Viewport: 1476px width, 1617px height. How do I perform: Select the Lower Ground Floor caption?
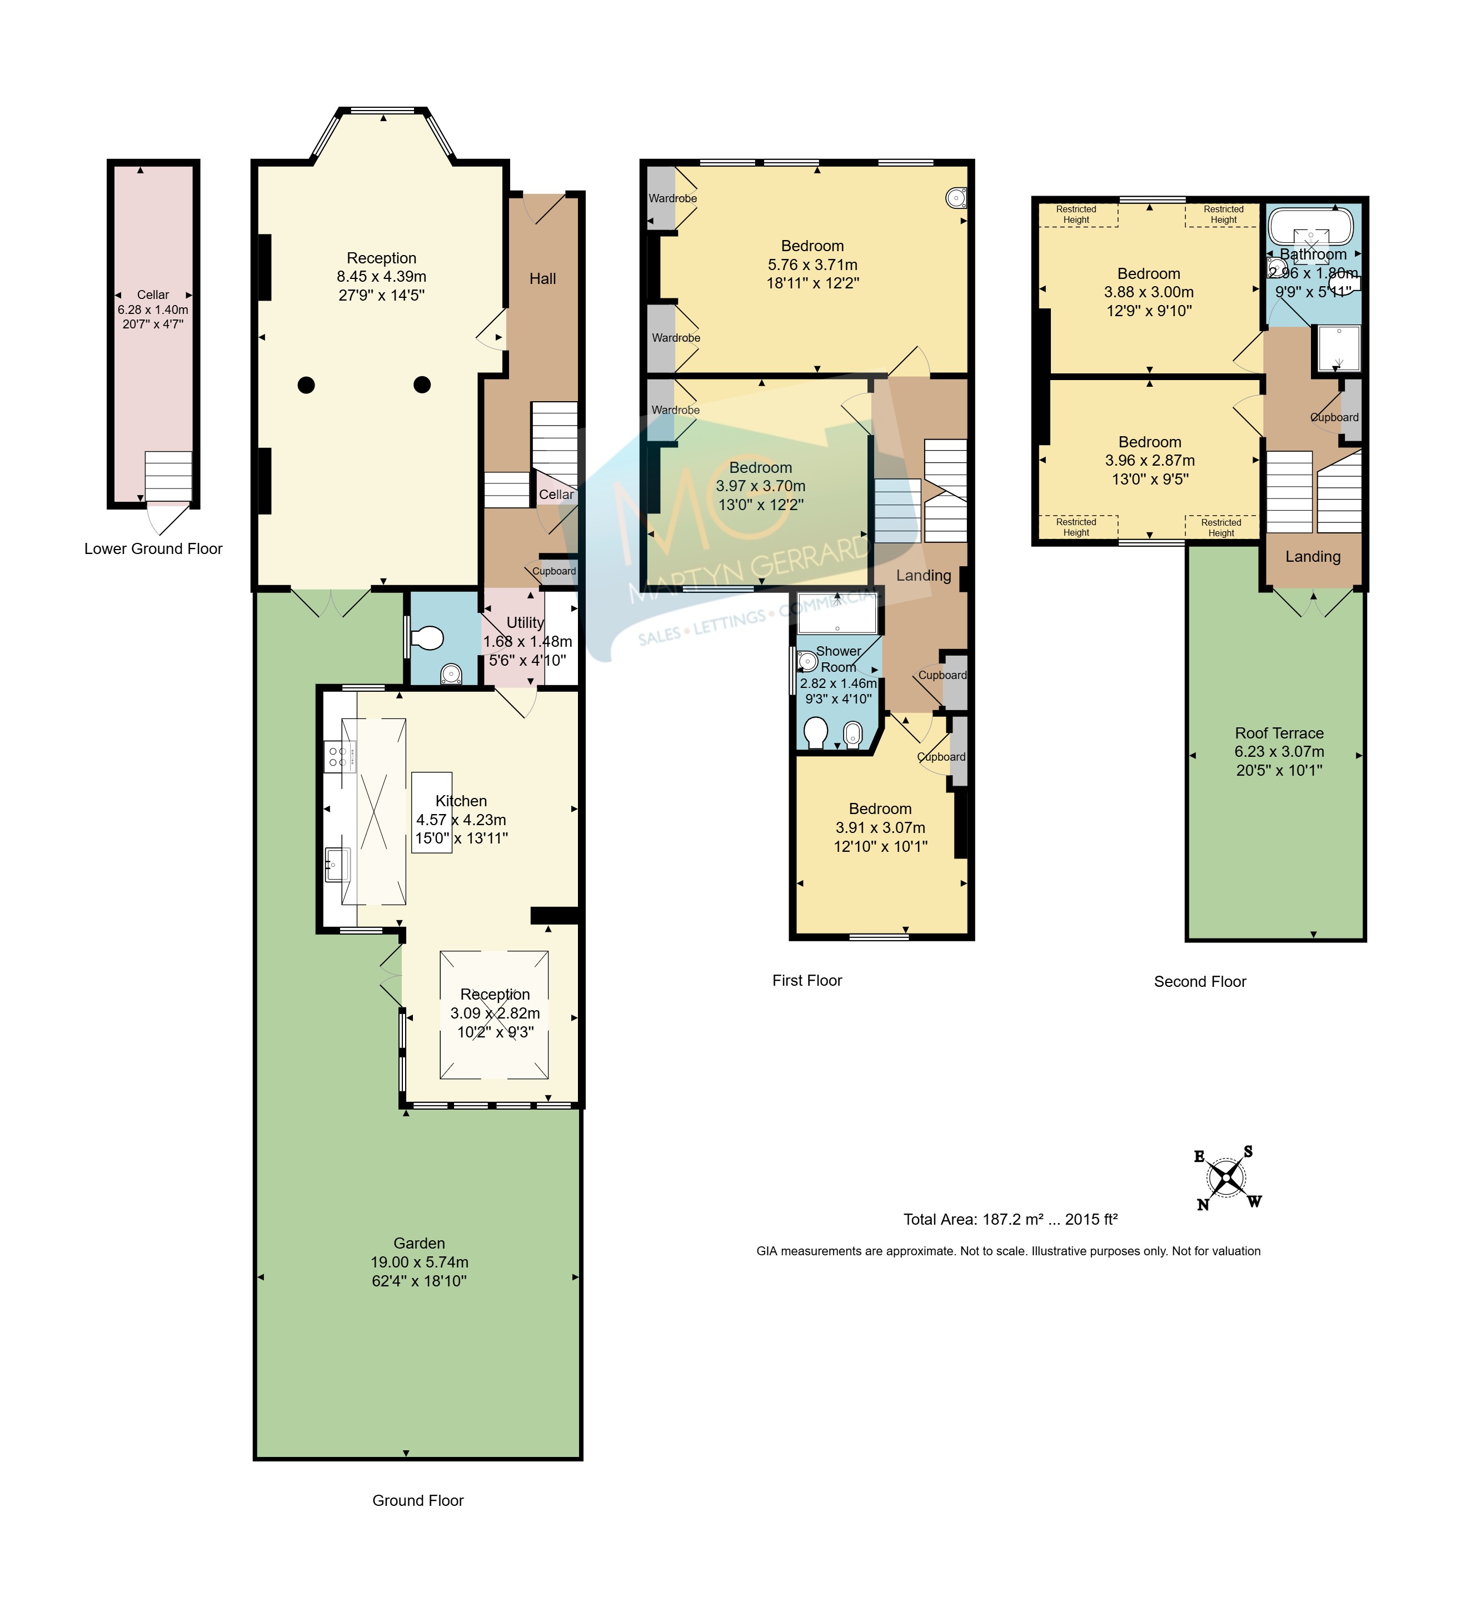[153, 548]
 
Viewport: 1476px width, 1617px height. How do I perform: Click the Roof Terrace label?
[1279, 733]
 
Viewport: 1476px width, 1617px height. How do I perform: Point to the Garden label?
[418, 1243]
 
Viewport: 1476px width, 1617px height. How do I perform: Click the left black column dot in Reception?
[306, 385]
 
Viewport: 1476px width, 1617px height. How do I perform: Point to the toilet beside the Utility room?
[427, 638]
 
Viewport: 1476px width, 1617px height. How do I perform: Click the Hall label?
[543, 279]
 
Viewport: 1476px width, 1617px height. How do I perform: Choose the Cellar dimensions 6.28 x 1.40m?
[153, 310]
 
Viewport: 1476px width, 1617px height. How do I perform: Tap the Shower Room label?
[838, 660]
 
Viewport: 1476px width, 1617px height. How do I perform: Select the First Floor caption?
[807, 980]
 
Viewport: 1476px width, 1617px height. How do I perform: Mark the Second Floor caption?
[1200, 982]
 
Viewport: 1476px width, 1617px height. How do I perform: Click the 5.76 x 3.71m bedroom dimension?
[812, 264]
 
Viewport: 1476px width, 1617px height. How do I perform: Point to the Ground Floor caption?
[418, 1501]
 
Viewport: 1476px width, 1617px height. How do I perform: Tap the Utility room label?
[525, 622]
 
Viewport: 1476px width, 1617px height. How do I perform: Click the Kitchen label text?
[461, 801]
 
